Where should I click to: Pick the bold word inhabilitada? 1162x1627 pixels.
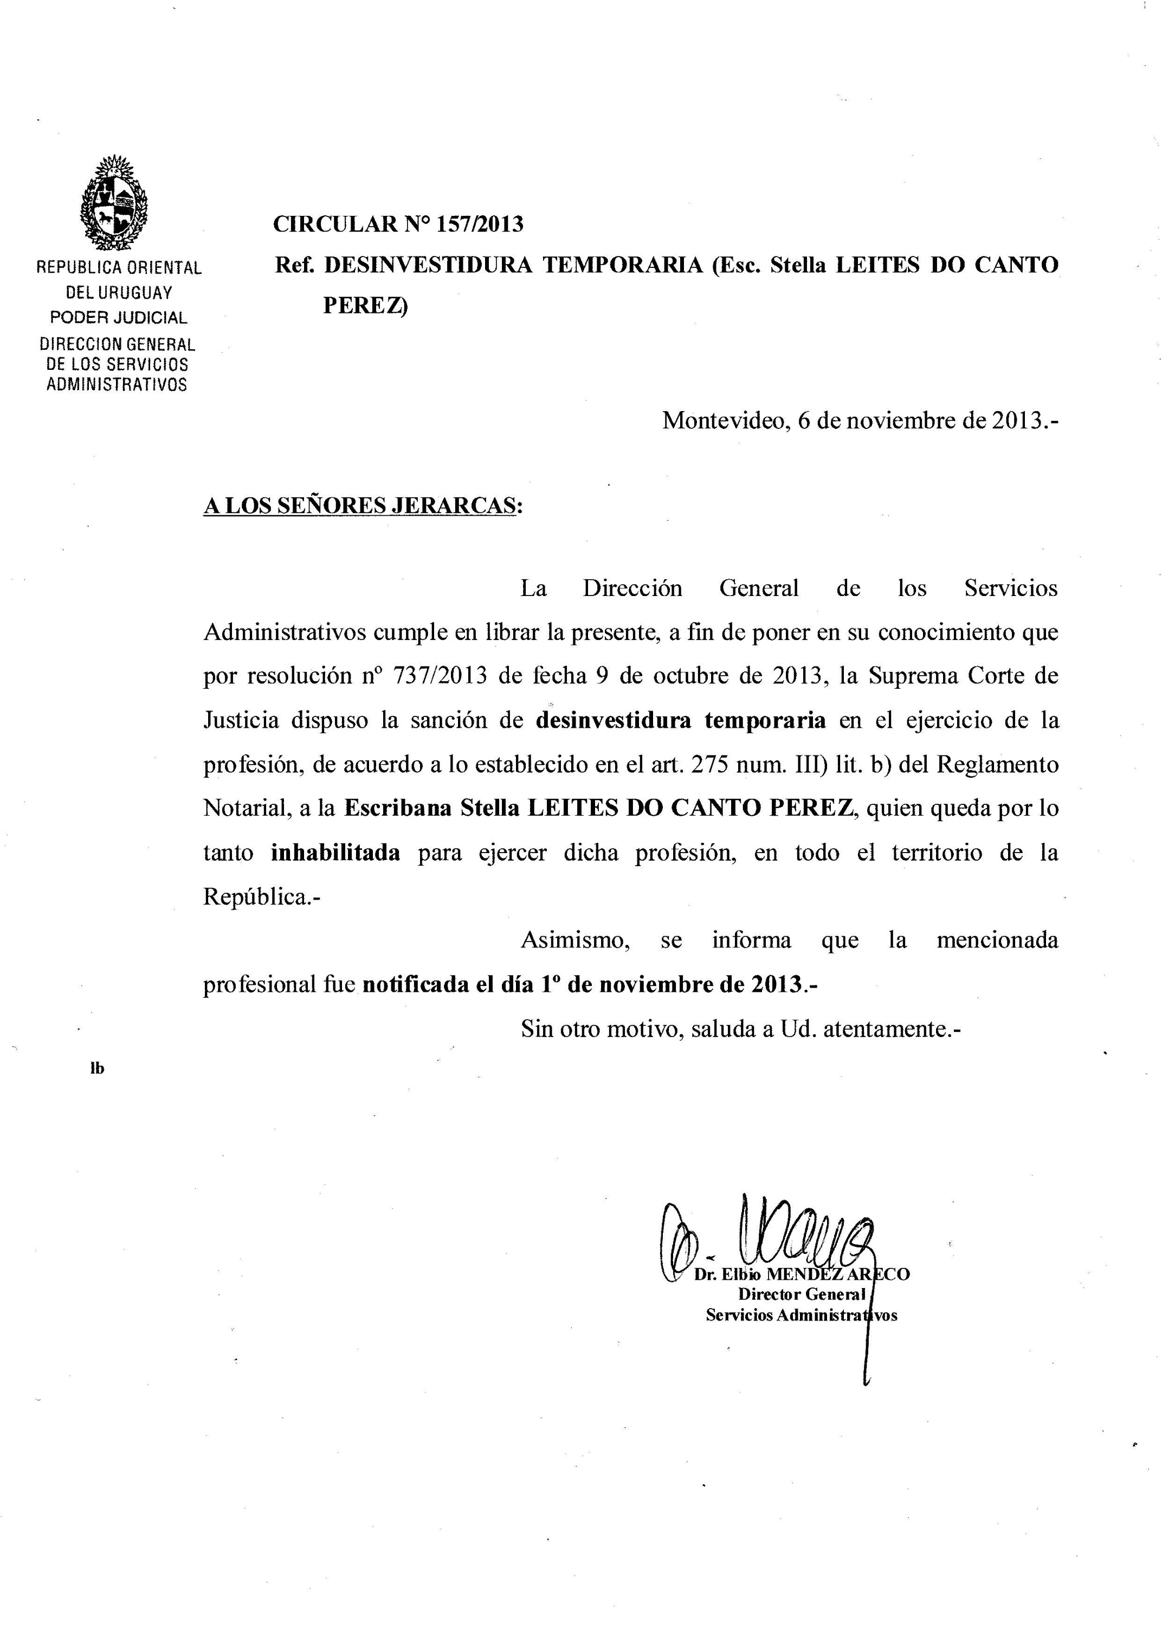point(335,853)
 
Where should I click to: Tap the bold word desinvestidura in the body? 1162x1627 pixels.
point(613,720)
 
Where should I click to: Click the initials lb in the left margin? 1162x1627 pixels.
point(98,1069)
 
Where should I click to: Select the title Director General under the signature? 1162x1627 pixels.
point(802,1294)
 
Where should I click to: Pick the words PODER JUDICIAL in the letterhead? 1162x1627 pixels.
point(119,317)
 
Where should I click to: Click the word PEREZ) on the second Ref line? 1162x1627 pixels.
point(365,306)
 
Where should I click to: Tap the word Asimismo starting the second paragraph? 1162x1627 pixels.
point(574,940)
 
